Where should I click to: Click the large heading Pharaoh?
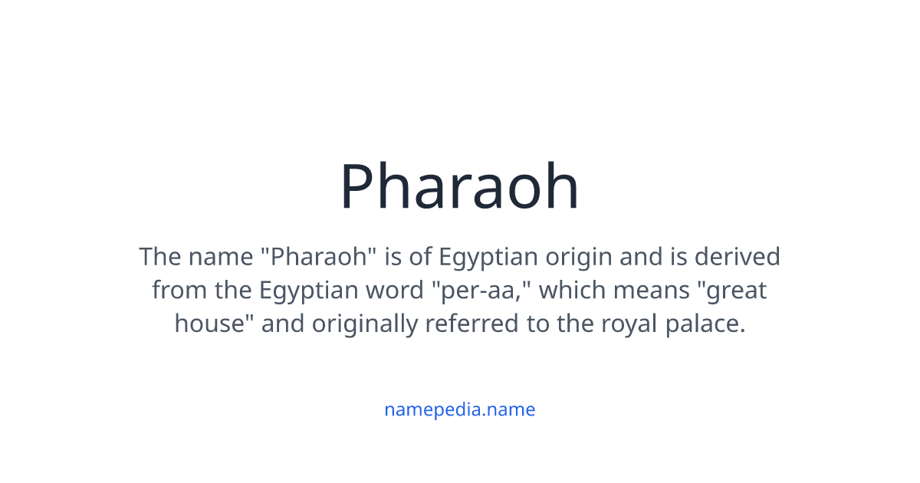(x=459, y=186)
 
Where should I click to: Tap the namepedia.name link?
(x=459, y=409)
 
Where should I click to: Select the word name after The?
(x=220, y=256)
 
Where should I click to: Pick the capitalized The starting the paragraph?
(x=159, y=256)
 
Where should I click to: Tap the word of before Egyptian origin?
(x=420, y=256)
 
